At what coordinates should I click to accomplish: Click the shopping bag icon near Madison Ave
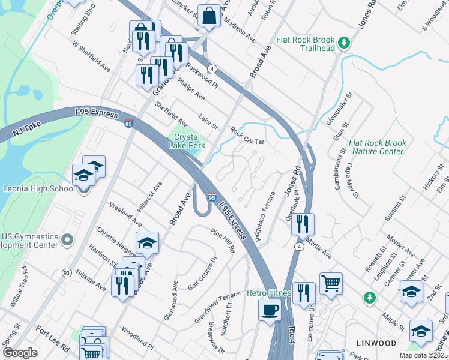209,16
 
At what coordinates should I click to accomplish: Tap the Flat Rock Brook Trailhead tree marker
343,42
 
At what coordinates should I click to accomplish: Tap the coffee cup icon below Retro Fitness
270,310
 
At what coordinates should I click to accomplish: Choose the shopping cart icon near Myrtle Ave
331,283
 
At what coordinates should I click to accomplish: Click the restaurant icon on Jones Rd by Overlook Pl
303,224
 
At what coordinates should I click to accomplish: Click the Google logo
20,353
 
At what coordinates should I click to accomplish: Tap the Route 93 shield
65,273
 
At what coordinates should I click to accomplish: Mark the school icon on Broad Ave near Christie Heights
147,243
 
